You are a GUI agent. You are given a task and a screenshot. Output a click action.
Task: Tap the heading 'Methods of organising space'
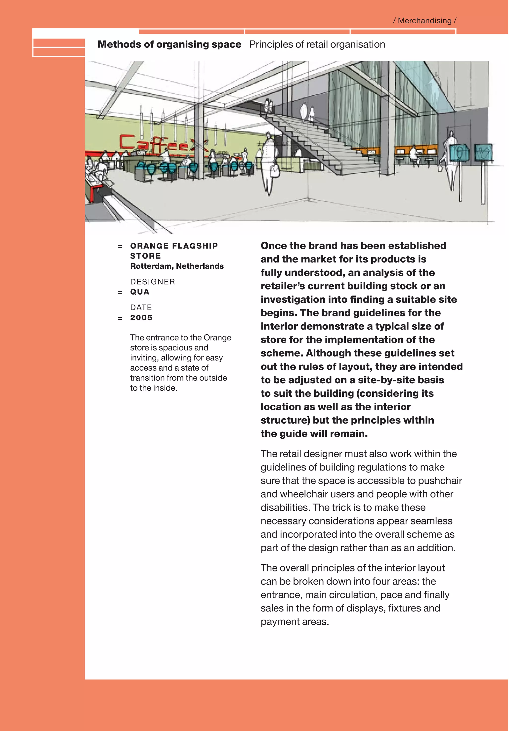(x=169, y=44)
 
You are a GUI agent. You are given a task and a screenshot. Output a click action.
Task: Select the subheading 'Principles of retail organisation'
(x=317, y=44)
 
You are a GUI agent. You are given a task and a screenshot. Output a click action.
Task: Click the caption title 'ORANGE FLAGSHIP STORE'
(x=174, y=251)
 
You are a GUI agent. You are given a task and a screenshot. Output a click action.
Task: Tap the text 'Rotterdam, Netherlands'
(x=177, y=266)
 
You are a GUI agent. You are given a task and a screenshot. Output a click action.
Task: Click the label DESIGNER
(x=153, y=282)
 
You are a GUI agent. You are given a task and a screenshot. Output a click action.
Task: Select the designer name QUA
(x=140, y=292)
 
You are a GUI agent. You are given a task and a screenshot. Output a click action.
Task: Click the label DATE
(x=141, y=307)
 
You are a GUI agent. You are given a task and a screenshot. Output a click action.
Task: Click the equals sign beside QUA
(x=120, y=293)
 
